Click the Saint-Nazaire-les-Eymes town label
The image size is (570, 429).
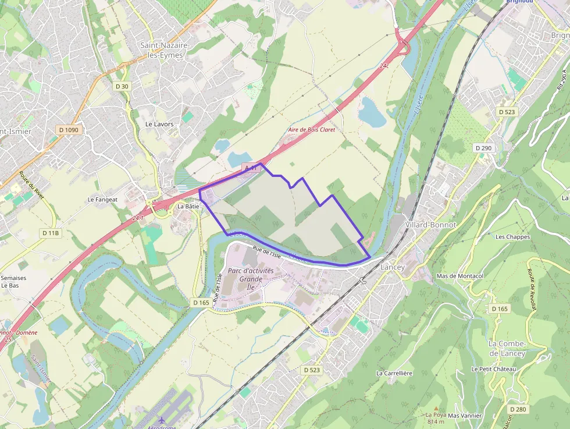(x=162, y=50)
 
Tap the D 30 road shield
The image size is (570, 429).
(x=122, y=86)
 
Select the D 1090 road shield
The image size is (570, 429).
(x=68, y=130)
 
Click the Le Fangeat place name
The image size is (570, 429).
(x=102, y=199)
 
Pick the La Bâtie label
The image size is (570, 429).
(x=188, y=206)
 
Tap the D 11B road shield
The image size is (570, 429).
(x=51, y=233)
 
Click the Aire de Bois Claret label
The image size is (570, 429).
(x=312, y=130)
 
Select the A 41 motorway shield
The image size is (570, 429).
(x=251, y=168)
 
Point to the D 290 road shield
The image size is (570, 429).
(x=483, y=148)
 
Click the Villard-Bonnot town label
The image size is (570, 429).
(x=430, y=224)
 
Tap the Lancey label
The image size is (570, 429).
(x=392, y=267)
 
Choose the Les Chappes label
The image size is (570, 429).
(x=512, y=237)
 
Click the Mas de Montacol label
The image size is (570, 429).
(x=460, y=276)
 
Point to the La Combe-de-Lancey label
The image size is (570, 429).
(x=507, y=349)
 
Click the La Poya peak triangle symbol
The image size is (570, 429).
(x=436, y=409)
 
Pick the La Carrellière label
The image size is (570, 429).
(x=394, y=373)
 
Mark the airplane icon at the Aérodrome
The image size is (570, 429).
(x=161, y=420)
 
